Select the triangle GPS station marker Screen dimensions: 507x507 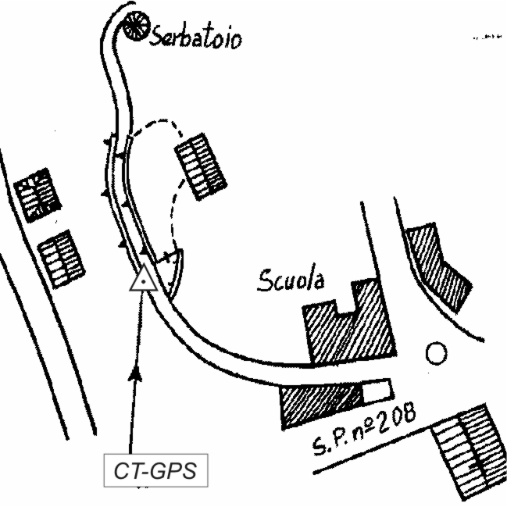point(145,279)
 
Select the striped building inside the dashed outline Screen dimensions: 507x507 point(201,164)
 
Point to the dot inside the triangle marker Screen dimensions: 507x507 point(145,281)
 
